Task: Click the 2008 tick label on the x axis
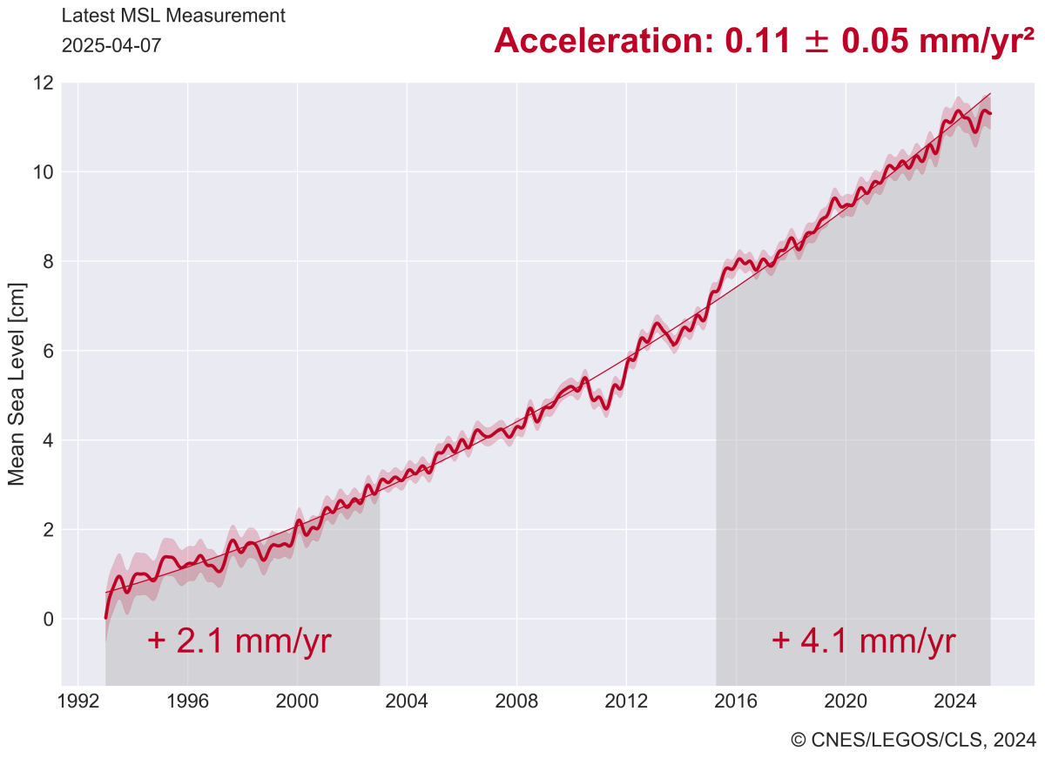516,701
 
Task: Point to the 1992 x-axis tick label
78,701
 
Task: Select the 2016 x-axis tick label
736,701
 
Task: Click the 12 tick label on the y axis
43,84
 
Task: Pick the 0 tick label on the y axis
49,619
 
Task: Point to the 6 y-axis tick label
49,351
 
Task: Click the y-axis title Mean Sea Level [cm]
17,384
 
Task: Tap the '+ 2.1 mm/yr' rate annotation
239,641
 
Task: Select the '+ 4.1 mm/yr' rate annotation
863,641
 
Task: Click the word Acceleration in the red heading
603,40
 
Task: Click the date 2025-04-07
111,45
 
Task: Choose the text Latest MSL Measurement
173,16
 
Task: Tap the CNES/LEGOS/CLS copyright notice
913,740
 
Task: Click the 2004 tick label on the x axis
407,701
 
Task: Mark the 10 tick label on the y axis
43,172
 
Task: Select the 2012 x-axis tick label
626,701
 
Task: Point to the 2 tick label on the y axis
49,529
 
